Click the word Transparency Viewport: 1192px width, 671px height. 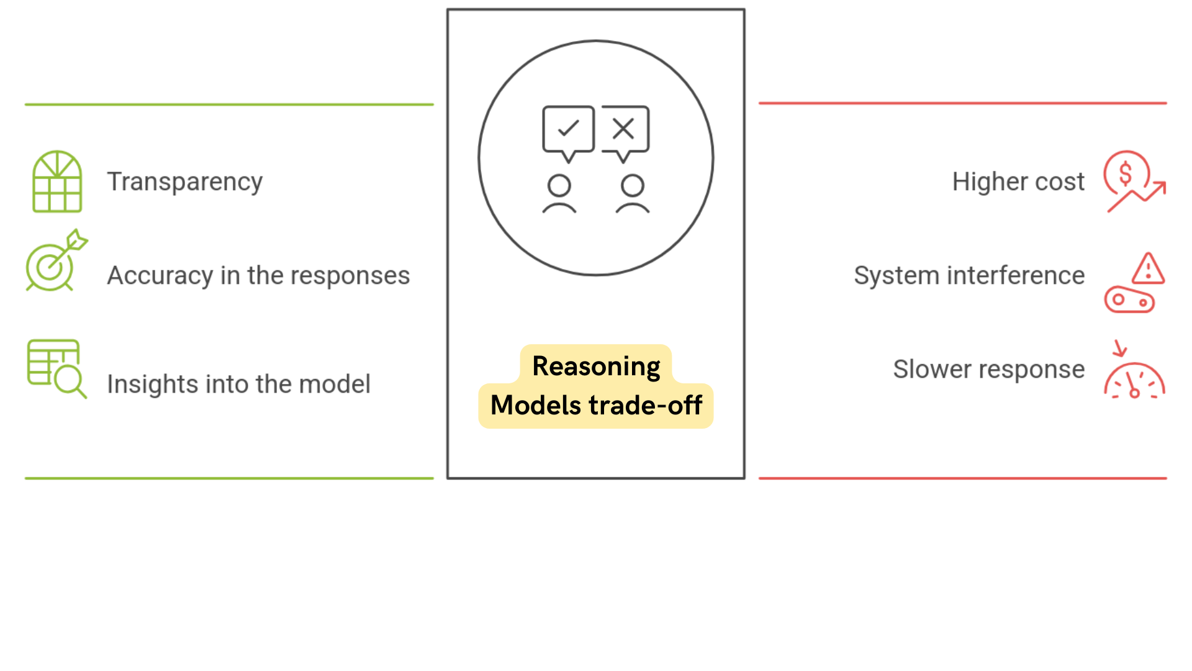184,182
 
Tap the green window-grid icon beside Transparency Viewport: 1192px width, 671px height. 57,181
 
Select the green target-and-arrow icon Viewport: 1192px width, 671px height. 56,261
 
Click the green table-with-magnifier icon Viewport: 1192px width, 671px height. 56,368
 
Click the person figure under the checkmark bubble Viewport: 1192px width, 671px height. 559,194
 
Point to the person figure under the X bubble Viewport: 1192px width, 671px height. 633,194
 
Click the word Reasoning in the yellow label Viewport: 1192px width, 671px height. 596,366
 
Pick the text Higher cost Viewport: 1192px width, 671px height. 1018,182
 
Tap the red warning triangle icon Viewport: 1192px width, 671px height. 1148,269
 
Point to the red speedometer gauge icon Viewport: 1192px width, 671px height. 1134,380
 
